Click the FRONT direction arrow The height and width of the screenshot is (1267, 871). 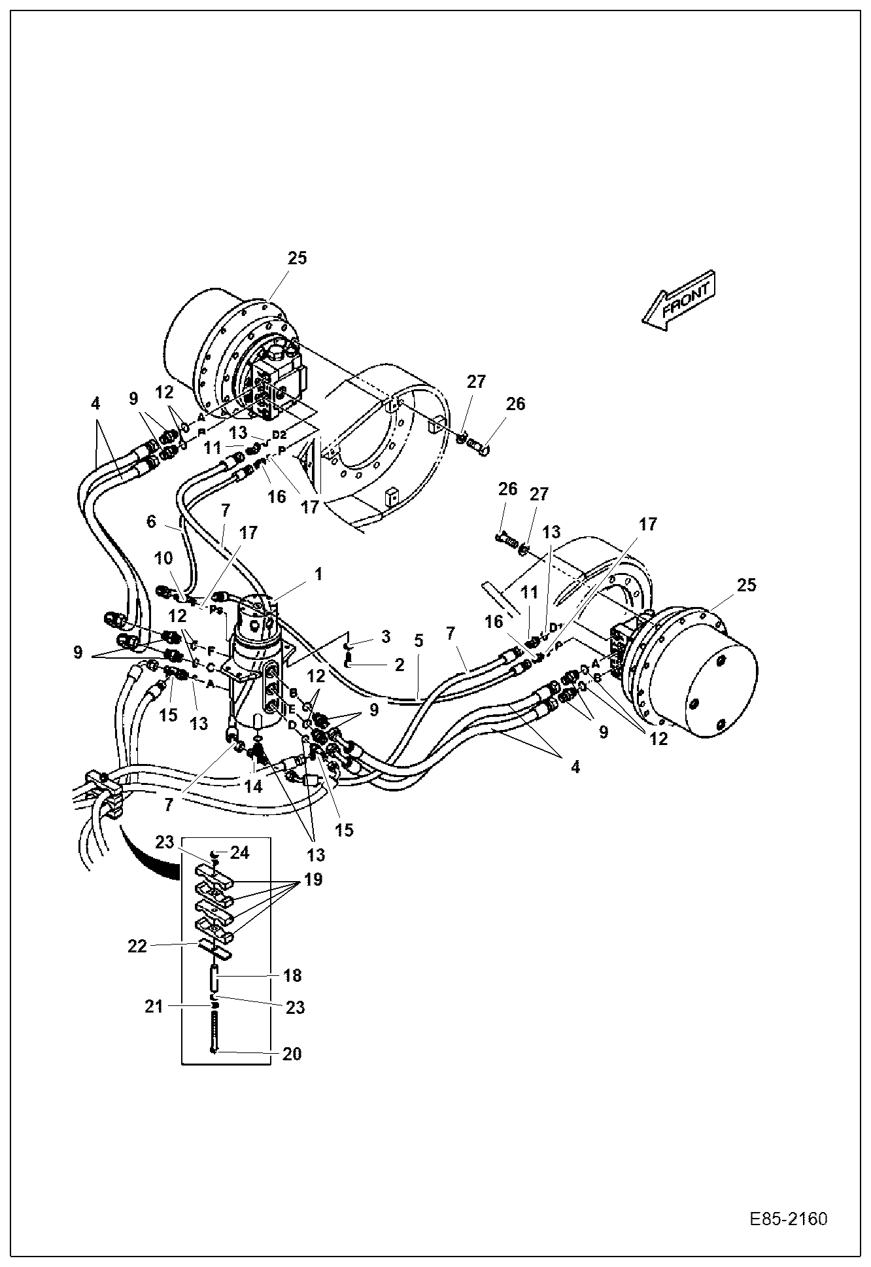pyautogui.click(x=680, y=300)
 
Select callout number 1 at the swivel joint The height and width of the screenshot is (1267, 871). pyautogui.click(x=318, y=574)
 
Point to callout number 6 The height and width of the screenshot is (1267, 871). pyautogui.click(x=151, y=521)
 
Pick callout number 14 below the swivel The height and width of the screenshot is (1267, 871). pyautogui.click(x=253, y=786)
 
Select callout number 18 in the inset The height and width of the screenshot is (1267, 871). pyautogui.click(x=292, y=975)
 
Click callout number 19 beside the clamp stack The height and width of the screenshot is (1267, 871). pyautogui.click(x=313, y=880)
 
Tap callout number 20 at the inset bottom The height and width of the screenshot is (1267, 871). pyautogui.click(x=292, y=1054)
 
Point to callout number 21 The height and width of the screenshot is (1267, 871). pyautogui.click(x=154, y=1007)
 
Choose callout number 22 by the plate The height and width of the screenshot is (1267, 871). pyautogui.click(x=137, y=945)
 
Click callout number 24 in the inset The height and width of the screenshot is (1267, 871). pyautogui.click(x=239, y=853)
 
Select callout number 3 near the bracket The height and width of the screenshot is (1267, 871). pyautogui.click(x=386, y=636)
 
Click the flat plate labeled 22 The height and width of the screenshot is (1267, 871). pyautogui.click(x=214, y=947)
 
